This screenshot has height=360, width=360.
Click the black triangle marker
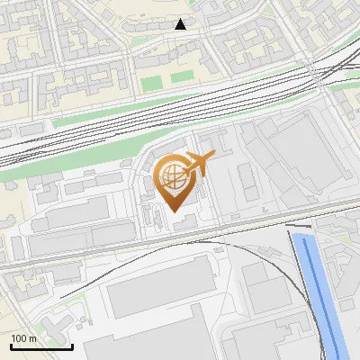(181, 24)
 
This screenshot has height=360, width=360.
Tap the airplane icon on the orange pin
(201, 163)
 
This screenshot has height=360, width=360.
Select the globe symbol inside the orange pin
(173, 177)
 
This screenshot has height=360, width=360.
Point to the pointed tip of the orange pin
(175, 211)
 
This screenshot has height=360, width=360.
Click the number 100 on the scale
(21, 338)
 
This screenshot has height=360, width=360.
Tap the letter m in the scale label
(33, 338)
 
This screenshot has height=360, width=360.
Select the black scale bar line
(40, 346)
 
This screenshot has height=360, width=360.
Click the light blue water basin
(319, 288)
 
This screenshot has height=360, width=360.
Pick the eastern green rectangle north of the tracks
(183, 77)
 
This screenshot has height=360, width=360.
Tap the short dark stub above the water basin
(299, 226)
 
